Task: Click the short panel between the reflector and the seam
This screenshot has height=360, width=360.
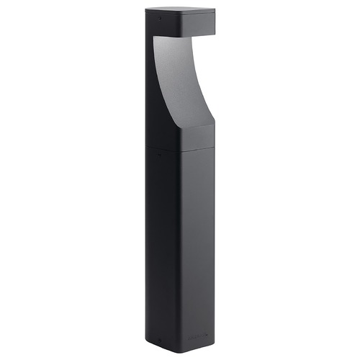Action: (194, 137)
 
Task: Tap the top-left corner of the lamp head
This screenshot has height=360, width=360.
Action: (146, 11)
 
